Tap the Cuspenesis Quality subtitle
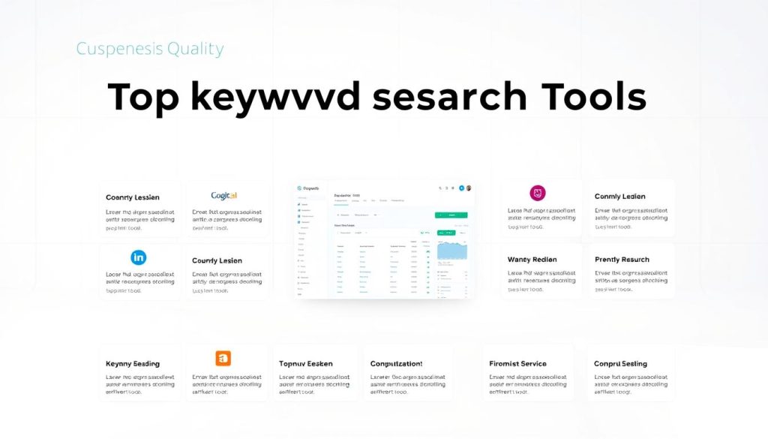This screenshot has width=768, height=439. pos(150,50)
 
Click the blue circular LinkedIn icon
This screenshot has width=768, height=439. pos(139,257)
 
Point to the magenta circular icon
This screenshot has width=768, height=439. pos(538,193)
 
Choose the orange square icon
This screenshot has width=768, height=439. pos(223,358)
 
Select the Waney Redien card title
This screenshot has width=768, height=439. pos(532,260)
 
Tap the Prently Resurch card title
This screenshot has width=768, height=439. pos(622,260)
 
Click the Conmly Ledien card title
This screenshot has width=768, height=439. pos(619,197)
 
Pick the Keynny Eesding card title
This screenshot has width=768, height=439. pos(133,364)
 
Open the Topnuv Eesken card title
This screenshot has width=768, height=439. pos(305,364)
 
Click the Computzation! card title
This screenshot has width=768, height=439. pos(396,364)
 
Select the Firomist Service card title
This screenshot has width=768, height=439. pos(517,364)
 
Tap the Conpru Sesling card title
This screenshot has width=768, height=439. pos(620,364)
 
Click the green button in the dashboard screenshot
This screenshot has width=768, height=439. pos(451,215)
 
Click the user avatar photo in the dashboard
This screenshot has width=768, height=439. pos(469,188)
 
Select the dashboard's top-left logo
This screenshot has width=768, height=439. pos(307,188)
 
